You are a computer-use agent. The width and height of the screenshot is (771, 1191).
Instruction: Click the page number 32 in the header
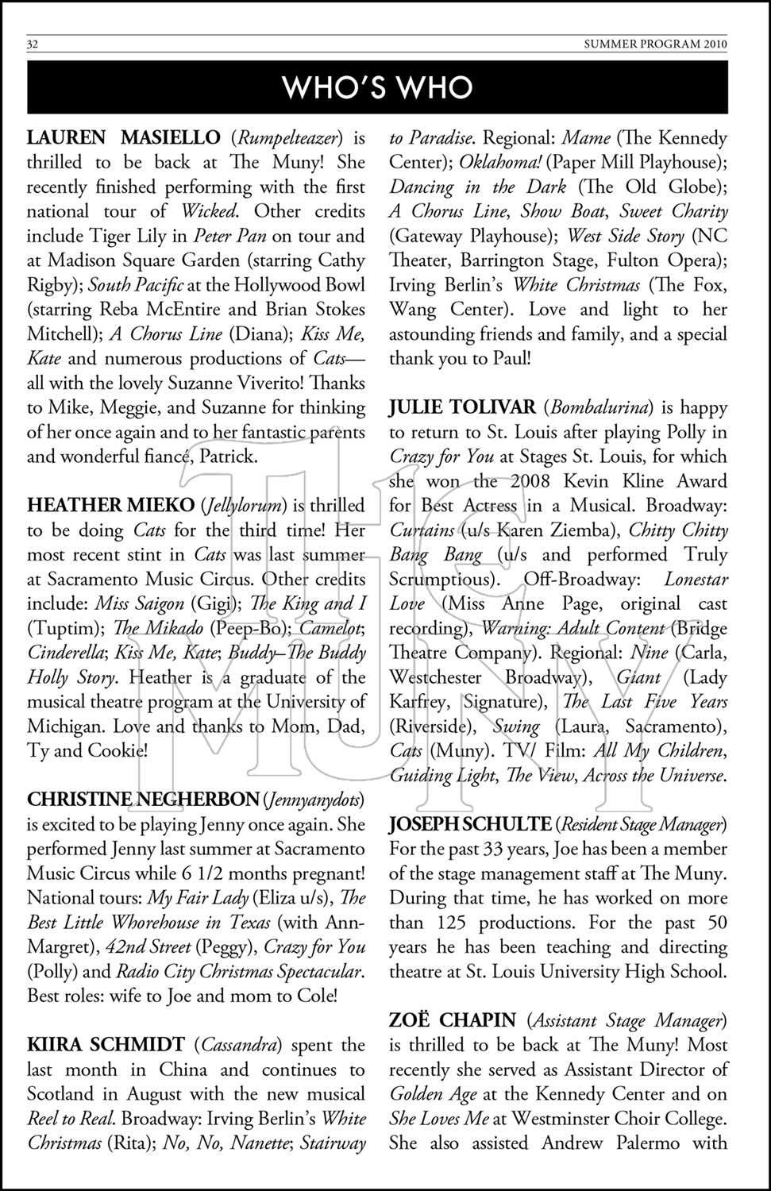coord(33,44)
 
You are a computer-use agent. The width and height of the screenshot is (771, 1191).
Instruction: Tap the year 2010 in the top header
coord(714,44)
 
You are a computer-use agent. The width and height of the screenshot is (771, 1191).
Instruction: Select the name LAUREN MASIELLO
coord(124,137)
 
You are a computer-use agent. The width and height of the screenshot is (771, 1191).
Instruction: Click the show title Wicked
coord(209,211)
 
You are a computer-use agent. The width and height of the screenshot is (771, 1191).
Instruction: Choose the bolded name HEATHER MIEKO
coord(110,505)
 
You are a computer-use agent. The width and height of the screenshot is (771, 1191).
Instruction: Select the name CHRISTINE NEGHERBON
coord(143,800)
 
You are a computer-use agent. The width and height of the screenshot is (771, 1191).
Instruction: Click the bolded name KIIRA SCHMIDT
coord(106,1045)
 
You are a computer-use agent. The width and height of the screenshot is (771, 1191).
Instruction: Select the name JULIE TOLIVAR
coord(462,407)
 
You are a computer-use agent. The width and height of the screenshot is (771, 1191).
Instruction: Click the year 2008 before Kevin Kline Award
coord(530,481)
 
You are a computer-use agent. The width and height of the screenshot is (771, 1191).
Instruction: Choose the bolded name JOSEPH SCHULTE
coord(470,824)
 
